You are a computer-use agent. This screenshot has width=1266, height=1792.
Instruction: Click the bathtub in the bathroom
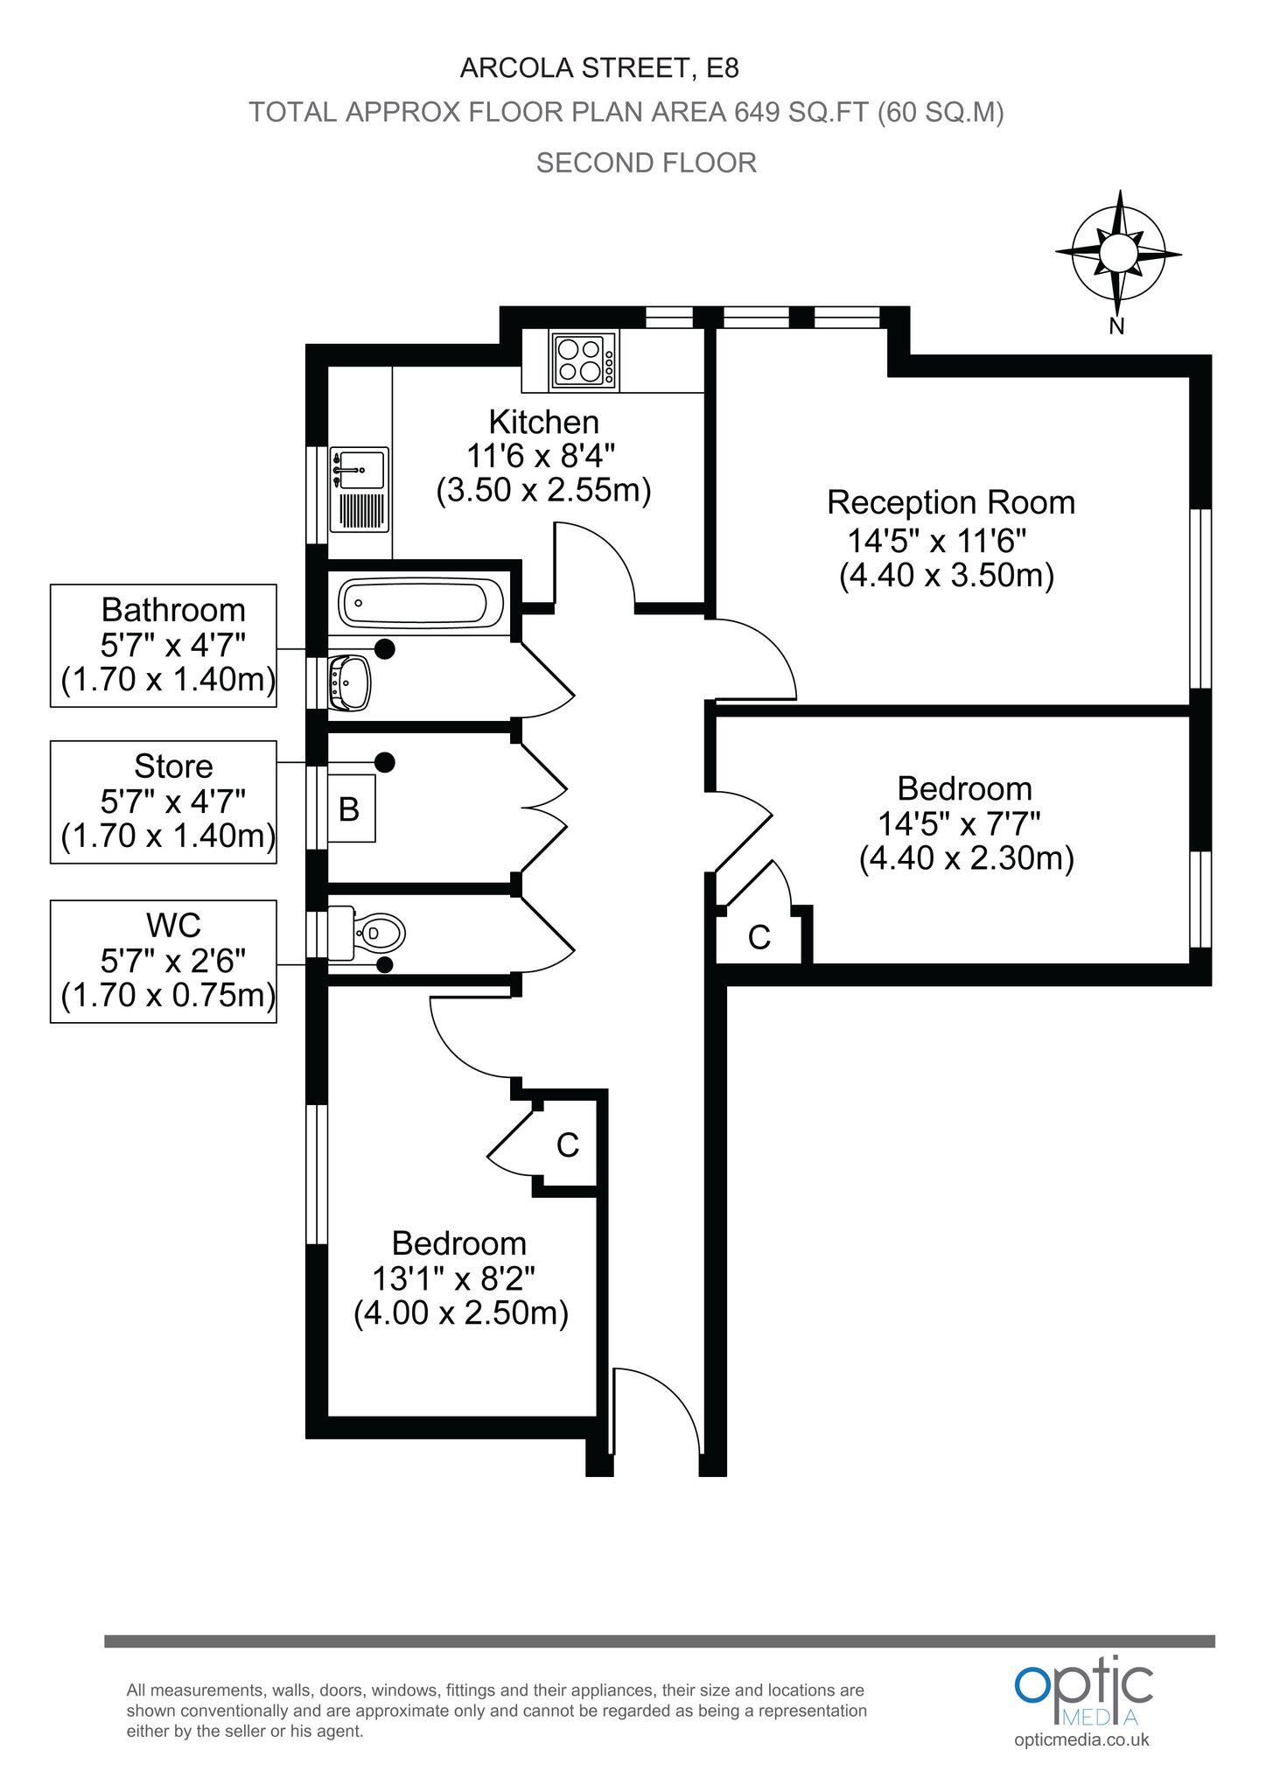click(415, 603)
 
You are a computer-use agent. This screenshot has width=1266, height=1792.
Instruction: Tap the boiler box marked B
click(350, 808)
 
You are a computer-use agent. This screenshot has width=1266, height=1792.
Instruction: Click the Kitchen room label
click(543, 422)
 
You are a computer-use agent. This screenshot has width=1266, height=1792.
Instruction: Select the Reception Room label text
click(950, 503)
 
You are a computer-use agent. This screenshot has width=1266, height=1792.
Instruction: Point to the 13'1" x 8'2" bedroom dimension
click(453, 1278)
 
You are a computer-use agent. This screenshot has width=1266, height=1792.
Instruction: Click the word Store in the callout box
click(173, 766)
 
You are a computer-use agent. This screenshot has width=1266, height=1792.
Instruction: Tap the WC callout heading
click(173, 924)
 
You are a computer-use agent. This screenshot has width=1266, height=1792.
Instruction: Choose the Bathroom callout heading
click(173, 609)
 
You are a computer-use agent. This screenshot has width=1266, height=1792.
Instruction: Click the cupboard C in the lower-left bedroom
click(567, 1144)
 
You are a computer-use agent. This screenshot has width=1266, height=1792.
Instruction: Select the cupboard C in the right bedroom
click(759, 938)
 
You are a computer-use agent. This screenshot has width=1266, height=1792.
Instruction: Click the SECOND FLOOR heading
click(646, 163)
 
